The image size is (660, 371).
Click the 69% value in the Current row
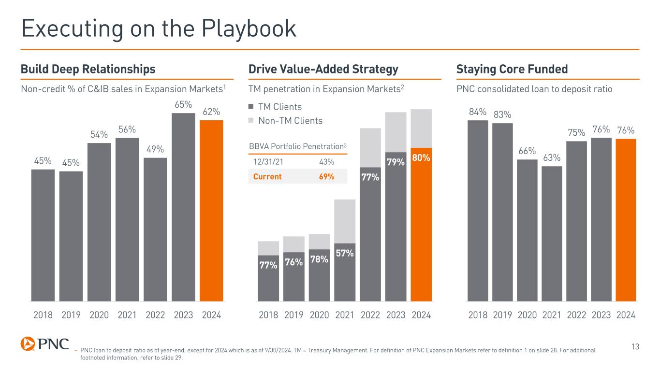(326, 176)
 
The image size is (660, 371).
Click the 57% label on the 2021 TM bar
(345, 253)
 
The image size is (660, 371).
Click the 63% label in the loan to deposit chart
(552, 157)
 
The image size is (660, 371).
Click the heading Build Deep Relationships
(88, 70)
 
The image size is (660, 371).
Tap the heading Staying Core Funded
(512, 70)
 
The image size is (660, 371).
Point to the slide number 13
(635, 346)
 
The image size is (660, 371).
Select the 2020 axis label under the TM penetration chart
(319, 315)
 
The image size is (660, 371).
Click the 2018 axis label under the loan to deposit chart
(478, 315)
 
